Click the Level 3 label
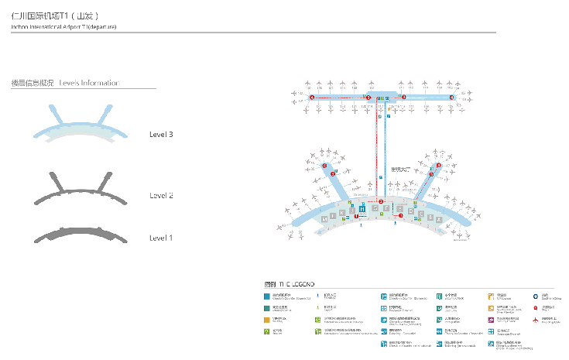tap(161, 135)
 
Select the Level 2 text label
tap(161, 195)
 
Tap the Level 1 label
tap(161, 237)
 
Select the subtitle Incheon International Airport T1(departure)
tap(63, 26)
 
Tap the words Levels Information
tap(89, 83)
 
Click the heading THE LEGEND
tap(291, 285)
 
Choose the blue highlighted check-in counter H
tap(362, 208)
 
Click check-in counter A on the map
tap(439, 220)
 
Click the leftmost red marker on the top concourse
tap(312, 98)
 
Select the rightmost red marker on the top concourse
tap(451, 98)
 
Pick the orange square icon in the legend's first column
tap(266, 319)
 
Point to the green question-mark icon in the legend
tap(266, 331)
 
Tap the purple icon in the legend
tap(491, 319)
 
